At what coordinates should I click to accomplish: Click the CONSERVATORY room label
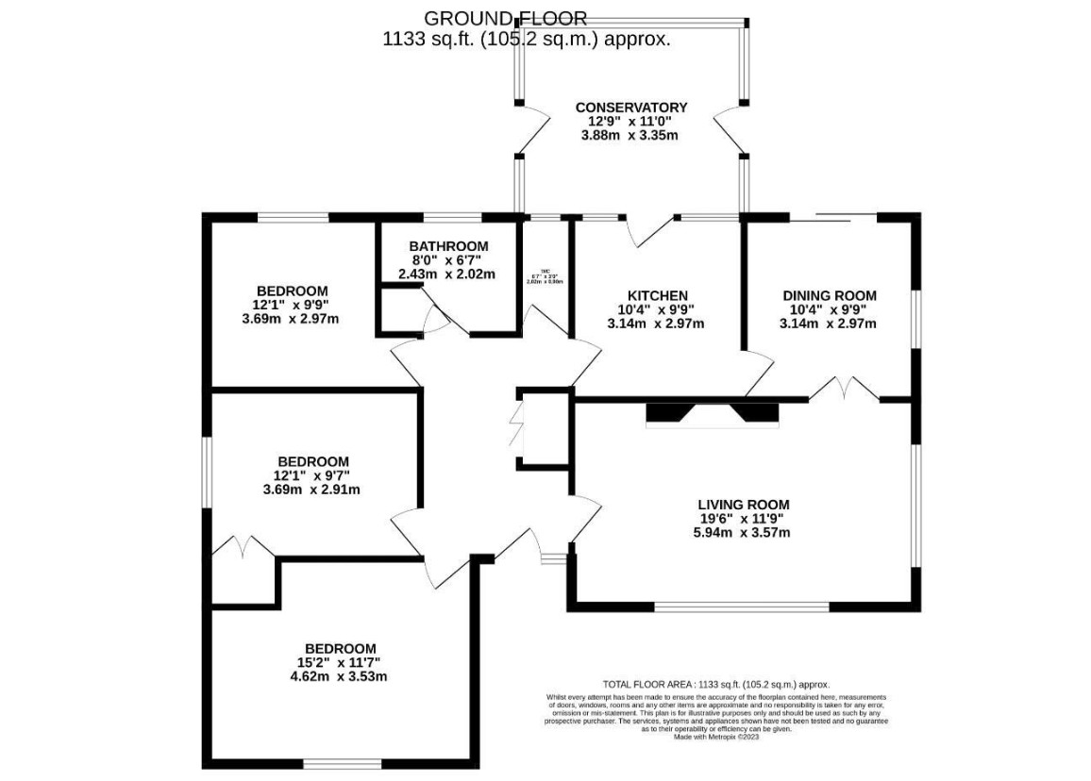[631, 108]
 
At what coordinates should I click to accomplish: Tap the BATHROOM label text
[448, 247]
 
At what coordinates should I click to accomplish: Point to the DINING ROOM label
[829, 295]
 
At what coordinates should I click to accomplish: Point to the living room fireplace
[713, 413]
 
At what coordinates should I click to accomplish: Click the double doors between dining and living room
[845, 389]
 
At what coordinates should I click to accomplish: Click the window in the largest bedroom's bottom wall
[343, 763]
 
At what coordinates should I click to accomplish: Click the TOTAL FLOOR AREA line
[715, 684]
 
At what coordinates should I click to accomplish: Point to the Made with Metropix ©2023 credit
[715, 738]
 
